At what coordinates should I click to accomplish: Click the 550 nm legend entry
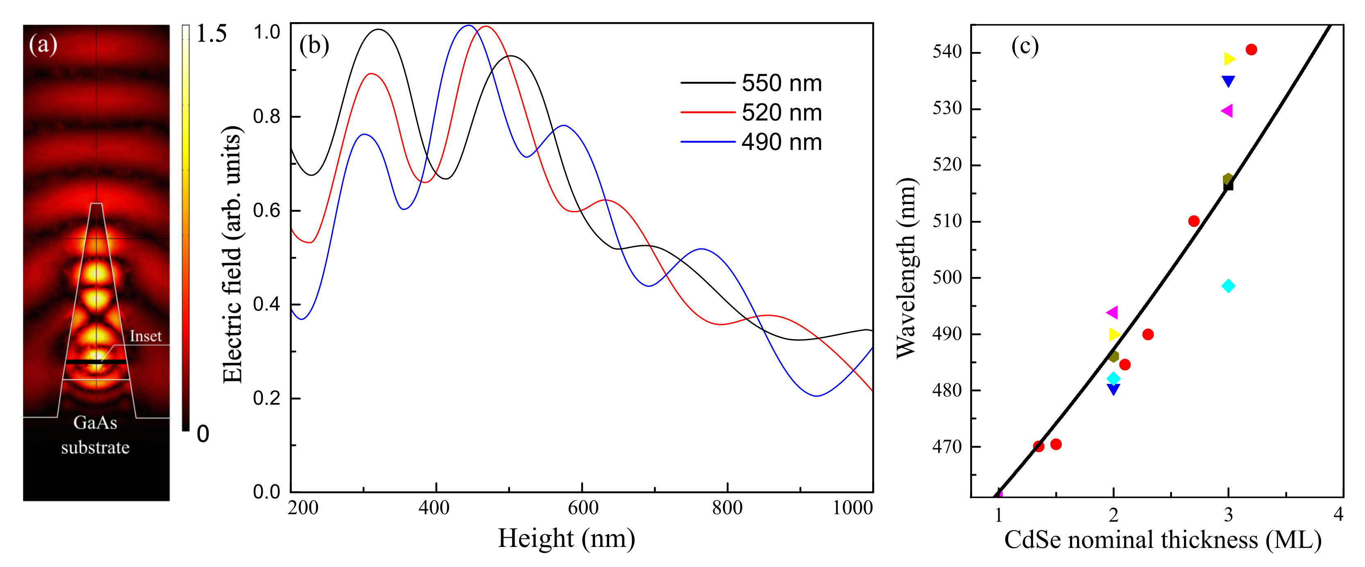[x=781, y=83]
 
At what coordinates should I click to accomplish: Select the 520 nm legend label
[x=781, y=113]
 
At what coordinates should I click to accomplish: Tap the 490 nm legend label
[x=781, y=143]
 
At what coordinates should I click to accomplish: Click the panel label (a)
[x=43, y=45]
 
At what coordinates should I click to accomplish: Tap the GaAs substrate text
[x=95, y=435]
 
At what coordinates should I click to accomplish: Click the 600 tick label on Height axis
[x=583, y=508]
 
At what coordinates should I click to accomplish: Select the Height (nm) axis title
[x=566, y=538]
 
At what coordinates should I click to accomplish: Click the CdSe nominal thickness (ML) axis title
[x=1162, y=540]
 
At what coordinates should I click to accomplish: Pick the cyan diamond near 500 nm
[x=1228, y=286]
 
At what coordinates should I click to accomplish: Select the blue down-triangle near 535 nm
[x=1228, y=81]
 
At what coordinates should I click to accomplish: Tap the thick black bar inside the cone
[x=96, y=361]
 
